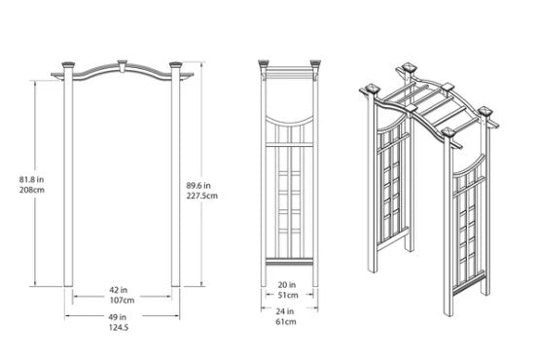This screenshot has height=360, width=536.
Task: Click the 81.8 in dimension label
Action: click(x=31, y=179)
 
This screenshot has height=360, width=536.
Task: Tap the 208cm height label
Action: click(x=32, y=190)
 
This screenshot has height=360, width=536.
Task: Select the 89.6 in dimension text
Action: click(x=198, y=186)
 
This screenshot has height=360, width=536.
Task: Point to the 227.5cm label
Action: click(x=202, y=196)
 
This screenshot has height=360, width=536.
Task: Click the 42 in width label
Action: click(x=119, y=290)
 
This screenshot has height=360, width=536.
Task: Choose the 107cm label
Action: click(x=122, y=301)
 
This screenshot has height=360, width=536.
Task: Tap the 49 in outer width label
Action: click(x=118, y=317)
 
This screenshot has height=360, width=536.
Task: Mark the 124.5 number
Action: click(x=119, y=328)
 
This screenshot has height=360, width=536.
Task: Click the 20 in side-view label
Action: click(x=287, y=285)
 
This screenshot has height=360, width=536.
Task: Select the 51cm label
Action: click(x=288, y=295)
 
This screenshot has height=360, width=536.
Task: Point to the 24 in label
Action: click(x=285, y=311)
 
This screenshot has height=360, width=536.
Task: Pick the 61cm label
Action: click(x=286, y=322)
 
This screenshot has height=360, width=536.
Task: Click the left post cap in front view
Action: click(x=68, y=64)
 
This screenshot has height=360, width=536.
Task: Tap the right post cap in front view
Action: click(x=176, y=64)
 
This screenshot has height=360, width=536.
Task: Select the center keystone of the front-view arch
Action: click(x=122, y=65)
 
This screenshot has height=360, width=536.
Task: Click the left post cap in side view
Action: click(x=264, y=63)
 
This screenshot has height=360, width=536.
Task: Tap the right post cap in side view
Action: click(x=315, y=63)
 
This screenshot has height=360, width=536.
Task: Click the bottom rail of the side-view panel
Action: click(x=290, y=261)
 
